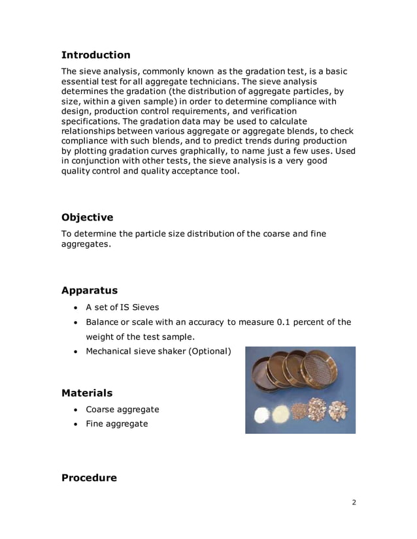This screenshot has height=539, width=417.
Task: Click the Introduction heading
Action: coord(95,55)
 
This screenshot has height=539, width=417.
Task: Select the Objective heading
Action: coord(87,217)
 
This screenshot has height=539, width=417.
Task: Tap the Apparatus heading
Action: coord(90,290)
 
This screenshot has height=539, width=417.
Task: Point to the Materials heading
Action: coord(86,393)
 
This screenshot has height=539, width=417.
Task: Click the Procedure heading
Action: coord(89,478)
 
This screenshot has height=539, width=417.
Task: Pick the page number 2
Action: coord(354,502)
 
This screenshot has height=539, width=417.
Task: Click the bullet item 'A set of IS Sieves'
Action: coord(122,307)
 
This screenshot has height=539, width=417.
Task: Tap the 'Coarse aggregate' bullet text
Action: coord(122,409)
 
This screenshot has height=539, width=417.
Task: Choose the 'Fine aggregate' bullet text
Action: coord(117,423)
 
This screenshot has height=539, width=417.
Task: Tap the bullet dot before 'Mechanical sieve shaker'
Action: coord(77,352)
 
